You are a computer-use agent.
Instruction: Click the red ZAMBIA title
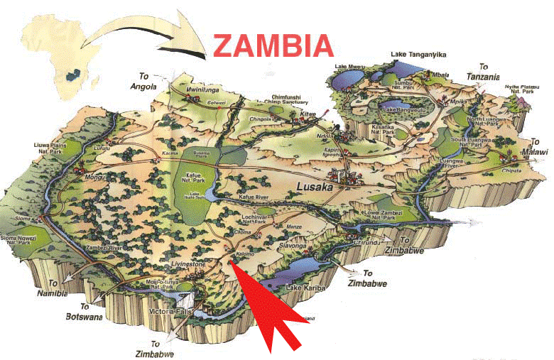273,45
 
